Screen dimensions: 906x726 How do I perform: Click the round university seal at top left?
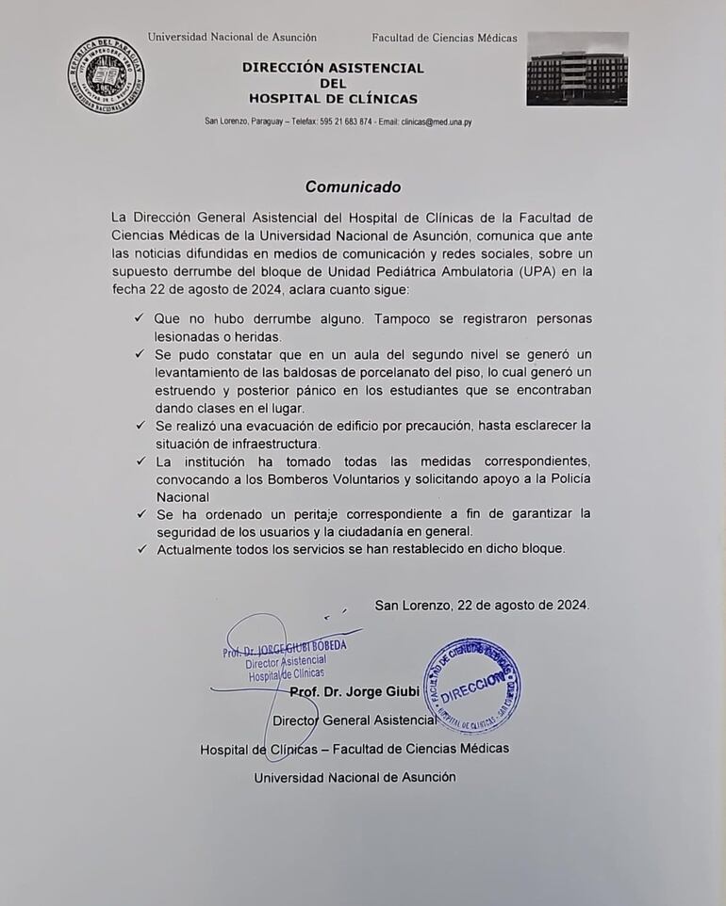106,74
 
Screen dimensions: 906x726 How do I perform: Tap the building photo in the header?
577,69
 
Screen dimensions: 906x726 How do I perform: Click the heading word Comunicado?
353,186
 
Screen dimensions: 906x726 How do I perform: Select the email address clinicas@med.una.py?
437,122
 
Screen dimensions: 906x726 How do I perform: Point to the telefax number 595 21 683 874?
346,122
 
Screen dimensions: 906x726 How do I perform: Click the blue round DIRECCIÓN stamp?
471,685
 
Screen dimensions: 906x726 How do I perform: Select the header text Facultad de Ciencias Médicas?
444,38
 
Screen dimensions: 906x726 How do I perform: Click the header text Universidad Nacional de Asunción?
232,38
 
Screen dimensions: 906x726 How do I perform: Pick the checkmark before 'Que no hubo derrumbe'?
140,319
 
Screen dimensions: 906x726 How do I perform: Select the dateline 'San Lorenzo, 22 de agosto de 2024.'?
482,605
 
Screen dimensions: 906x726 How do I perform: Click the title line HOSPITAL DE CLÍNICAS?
333,99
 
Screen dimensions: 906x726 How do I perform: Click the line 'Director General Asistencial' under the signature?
354,720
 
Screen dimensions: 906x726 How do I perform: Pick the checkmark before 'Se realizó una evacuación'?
140,426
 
